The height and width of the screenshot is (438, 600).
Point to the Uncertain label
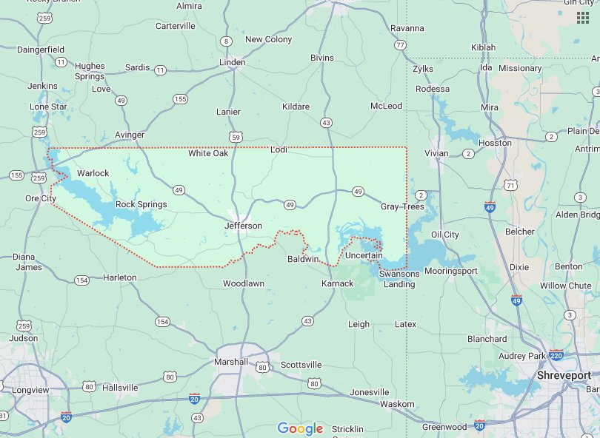point(364,255)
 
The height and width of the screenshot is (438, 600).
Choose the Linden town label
point(232,62)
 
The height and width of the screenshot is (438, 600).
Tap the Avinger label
point(130,135)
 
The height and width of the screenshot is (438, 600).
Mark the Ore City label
point(41,198)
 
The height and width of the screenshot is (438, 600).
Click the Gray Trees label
point(402,206)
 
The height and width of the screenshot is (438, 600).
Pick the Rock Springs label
point(141,204)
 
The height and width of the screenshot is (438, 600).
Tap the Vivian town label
point(436,153)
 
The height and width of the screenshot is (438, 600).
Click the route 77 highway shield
point(401,45)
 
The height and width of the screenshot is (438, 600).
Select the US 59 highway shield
point(236,137)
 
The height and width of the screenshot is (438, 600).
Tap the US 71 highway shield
point(510,184)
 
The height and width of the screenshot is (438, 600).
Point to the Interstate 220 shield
point(556,355)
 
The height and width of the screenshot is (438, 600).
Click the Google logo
point(300,428)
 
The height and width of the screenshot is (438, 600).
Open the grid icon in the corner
point(583,18)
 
